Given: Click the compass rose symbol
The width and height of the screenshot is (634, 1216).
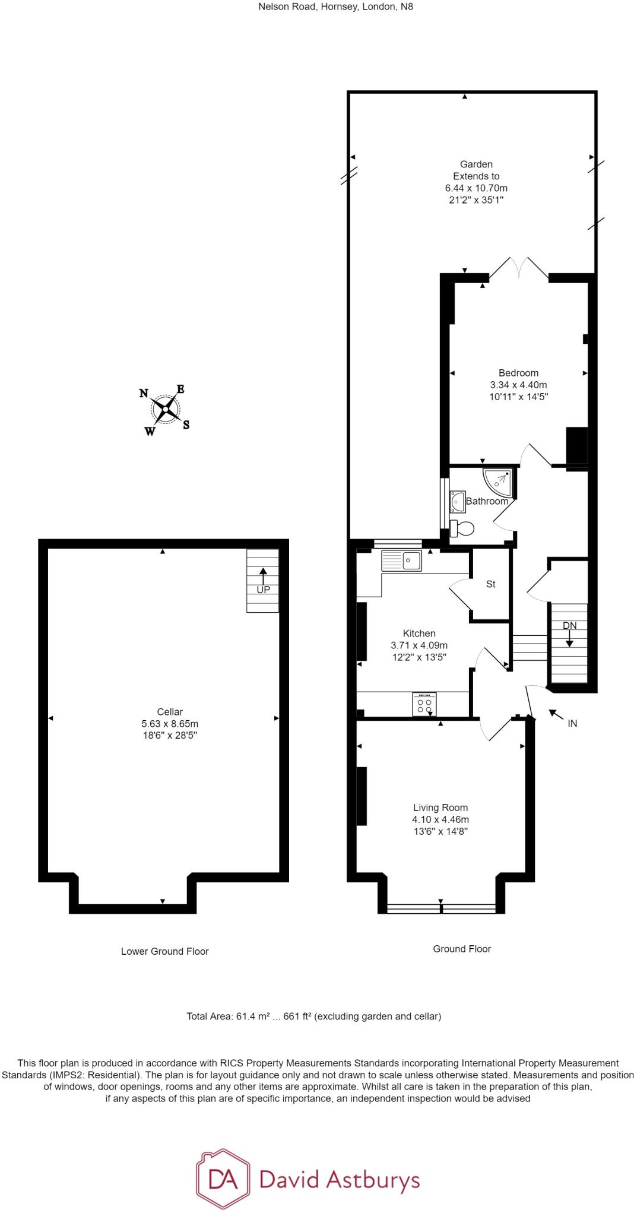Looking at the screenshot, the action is tap(164, 409).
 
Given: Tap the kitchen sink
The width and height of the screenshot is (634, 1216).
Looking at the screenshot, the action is tap(401, 560).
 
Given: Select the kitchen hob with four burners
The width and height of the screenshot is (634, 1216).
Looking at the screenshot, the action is tap(424, 704).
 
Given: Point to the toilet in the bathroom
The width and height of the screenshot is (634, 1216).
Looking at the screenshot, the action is tap(461, 528).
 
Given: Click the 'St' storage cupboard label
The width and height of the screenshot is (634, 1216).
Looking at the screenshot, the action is tap(491, 584).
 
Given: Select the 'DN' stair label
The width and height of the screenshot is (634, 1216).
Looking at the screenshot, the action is tap(569, 625).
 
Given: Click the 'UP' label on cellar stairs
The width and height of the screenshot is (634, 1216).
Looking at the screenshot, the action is tap(263, 590).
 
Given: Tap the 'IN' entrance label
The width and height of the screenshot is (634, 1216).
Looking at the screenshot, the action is tap(572, 723).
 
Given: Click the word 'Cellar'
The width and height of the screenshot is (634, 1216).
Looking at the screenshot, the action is tap(170, 712).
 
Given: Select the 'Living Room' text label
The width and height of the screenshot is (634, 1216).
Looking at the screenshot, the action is tap(440, 807).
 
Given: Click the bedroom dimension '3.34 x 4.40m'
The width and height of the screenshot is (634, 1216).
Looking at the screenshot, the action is tap(519, 385).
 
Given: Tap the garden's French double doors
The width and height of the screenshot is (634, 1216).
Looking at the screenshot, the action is tap(519, 267).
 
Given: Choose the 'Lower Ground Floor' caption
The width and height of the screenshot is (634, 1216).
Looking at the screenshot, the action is tap(165, 951).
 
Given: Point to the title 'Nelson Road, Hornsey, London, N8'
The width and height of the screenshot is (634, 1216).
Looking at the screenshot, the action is tap(336, 7).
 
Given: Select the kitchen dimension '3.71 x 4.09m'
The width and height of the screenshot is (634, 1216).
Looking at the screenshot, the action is tap(419, 645).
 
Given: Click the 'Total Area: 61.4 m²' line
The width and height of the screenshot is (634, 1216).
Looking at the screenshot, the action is tap(314, 1016).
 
